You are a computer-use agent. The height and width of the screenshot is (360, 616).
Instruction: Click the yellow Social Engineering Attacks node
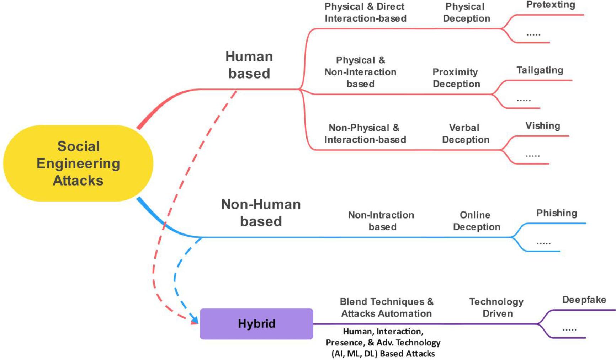[78, 163]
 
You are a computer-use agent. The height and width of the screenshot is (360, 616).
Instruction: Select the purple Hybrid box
[256, 324]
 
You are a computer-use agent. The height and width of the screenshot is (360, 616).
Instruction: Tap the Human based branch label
[249, 65]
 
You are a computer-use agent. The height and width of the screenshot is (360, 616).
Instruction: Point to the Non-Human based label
[261, 213]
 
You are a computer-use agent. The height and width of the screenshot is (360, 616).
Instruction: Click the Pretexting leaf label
[551, 5]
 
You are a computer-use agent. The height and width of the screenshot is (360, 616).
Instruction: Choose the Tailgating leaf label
[540, 70]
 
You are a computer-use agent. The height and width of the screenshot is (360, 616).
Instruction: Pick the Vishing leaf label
[543, 126]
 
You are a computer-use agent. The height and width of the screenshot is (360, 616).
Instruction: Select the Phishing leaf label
[557, 213]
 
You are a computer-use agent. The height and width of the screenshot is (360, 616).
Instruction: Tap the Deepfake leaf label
[584, 300]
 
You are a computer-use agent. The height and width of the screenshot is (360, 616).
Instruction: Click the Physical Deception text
[466, 12]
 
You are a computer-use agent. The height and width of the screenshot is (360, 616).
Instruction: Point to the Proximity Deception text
[456, 78]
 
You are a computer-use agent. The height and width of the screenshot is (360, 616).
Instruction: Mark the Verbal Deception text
[465, 134]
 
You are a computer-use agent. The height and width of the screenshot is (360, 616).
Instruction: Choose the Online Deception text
[476, 221]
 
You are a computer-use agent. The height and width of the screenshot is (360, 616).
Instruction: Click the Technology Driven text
[496, 307]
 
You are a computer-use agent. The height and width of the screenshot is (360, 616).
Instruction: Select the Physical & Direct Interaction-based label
[365, 12]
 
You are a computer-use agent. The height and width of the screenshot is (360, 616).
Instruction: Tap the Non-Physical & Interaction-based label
[365, 134]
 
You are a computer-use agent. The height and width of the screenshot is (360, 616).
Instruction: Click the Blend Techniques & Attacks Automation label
[387, 307]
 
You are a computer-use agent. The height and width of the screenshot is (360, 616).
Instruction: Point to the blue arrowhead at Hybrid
[195, 320]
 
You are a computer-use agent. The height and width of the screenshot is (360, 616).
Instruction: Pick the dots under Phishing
[543, 243]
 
